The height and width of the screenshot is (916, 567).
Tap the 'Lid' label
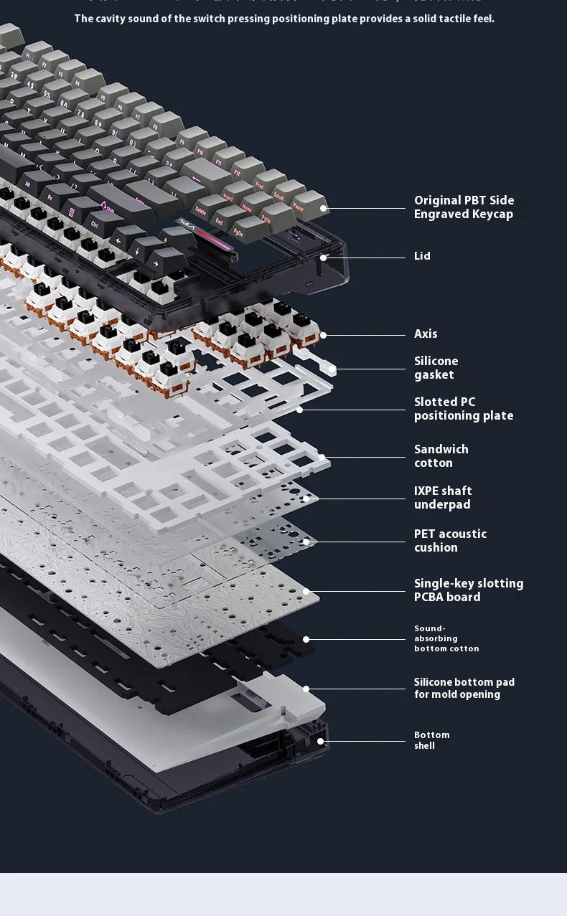tap(422, 256)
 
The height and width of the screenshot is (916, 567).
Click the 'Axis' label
tap(426, 334)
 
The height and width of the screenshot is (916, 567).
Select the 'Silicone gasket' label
tap(436, 368)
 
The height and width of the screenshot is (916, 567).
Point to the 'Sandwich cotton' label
tap(441, 456)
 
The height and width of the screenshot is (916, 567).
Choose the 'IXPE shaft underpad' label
tap(443, 498)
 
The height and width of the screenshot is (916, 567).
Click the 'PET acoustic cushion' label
tap(450, 541)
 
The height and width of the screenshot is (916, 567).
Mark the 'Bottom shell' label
tap(431, 740)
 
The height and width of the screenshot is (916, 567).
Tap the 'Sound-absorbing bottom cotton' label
tap(446, 638)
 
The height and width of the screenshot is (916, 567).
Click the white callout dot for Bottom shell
tap(321, 741)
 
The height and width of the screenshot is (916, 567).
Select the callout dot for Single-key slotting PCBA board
tap(306, 592)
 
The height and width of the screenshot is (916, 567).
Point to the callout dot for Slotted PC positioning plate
tap(300, 410)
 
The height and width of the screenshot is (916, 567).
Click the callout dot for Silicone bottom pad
tap(306, 689)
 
